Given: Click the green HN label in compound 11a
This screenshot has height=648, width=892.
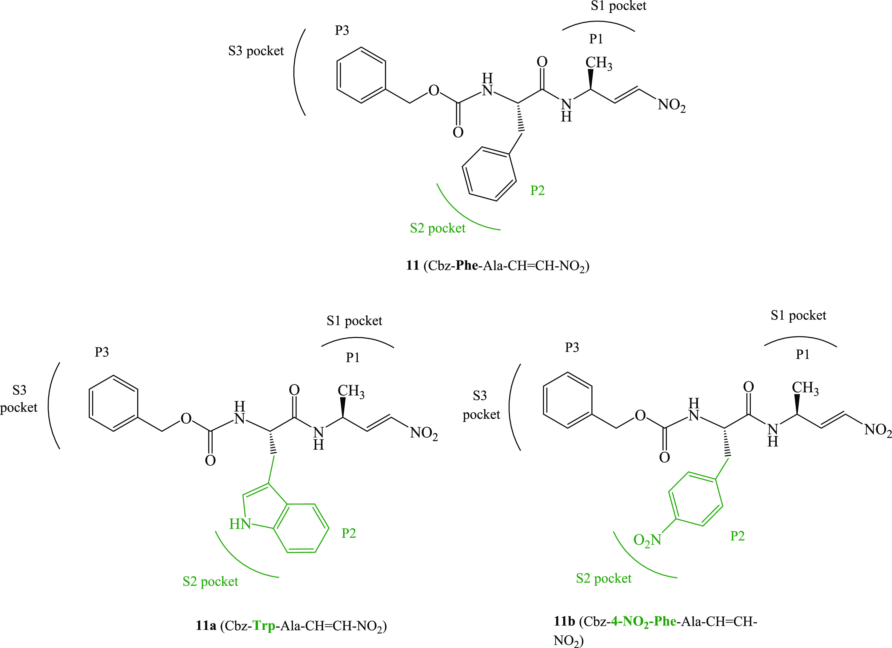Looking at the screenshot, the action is tap(240, 524).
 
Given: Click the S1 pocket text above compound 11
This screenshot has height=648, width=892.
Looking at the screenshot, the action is tap(618, 6).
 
